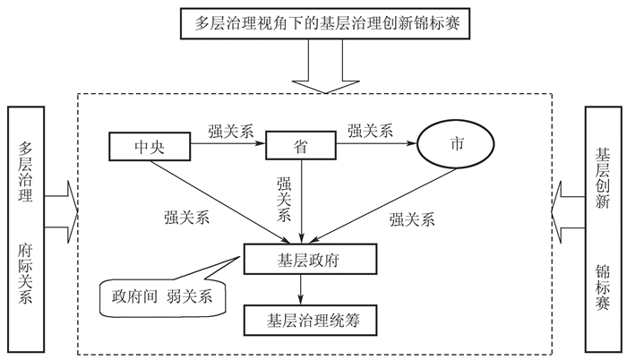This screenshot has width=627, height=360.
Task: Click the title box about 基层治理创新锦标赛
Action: [325, 23]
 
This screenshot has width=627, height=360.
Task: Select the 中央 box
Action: [150, 146]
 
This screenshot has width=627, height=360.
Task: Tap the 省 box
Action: [301, 145]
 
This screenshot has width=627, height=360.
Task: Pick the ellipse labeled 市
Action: [456, 144]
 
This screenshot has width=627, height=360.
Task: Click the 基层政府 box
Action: [310, 259]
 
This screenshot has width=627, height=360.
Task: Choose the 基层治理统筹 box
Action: [310, 320]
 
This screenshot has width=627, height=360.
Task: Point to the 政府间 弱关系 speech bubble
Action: [162, 296]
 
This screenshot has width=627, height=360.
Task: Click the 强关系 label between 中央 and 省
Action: [231, 131]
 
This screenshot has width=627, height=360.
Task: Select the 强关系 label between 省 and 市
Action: [370, 131]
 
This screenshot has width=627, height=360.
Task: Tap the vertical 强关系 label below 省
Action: [284, 199]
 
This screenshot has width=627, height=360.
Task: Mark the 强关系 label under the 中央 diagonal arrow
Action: [186, 218]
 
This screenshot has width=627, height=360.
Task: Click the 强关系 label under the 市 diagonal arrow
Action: [412, 219]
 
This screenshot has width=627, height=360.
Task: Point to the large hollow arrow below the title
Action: [325, 66]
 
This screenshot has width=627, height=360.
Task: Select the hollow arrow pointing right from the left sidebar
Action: [61, 212]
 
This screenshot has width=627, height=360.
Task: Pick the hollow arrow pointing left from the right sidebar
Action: [568, 212]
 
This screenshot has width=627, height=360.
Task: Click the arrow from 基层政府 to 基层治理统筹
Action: [301, 289]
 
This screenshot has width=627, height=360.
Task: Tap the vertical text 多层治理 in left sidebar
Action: [25, 172]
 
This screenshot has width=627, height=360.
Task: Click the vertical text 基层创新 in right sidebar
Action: [602, 178]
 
